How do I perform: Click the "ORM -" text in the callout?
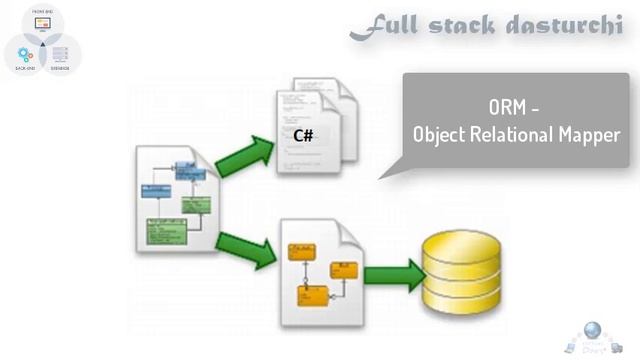tap(516, 105)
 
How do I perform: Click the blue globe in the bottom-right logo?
tap(593, 331)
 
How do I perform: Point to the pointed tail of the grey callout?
tap(385, 175)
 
